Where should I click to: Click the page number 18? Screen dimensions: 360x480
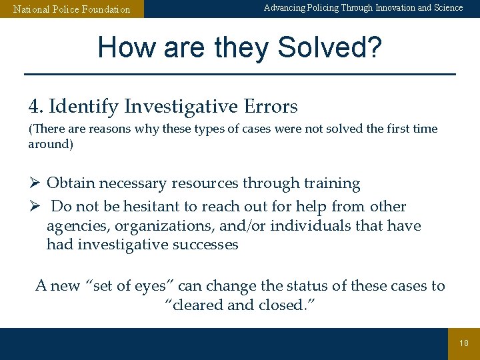[464, 343]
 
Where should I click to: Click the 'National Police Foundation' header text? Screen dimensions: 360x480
[72, 9]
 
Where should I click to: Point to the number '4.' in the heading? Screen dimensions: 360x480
[36, 106]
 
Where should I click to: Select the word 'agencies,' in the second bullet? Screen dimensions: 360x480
[74, 226]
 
